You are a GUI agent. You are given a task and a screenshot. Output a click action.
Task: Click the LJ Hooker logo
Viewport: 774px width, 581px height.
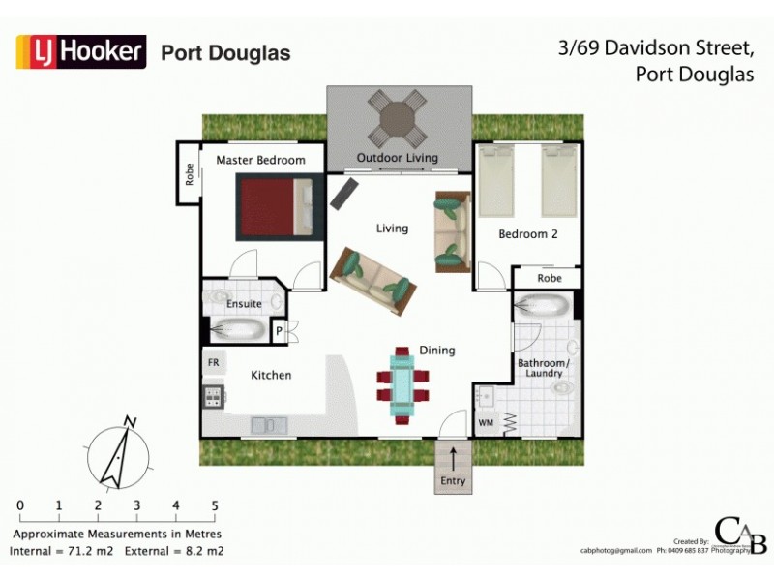(81, 51)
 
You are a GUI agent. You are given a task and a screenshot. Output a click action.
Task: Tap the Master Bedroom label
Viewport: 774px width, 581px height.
(260, 160)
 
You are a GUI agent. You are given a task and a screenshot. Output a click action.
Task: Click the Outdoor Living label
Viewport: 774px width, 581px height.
(397, 158)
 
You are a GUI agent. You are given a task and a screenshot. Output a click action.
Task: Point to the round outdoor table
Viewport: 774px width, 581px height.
(399, 118)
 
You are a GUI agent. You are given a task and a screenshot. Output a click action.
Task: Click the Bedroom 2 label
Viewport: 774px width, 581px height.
(527, 234)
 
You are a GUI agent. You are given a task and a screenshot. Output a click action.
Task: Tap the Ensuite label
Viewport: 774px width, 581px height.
(244, 304)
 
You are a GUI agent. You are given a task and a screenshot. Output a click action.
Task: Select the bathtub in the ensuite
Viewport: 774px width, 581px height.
(235, 329)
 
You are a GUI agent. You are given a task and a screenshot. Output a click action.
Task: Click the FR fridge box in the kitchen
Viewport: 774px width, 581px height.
(213, 362)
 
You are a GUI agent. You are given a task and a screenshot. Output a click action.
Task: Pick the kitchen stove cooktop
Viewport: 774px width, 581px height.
(213, 395)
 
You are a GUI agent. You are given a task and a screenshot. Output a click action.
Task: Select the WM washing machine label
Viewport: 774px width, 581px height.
(486, 423)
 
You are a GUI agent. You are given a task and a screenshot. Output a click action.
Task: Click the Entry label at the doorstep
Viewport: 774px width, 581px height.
(452, 481)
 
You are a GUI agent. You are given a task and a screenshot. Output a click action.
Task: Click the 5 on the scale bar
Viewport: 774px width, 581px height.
(214, 505)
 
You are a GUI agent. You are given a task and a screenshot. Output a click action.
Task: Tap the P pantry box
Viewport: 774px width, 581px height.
(279, 331)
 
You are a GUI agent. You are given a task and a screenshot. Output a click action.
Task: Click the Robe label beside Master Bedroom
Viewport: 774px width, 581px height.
(190, 174)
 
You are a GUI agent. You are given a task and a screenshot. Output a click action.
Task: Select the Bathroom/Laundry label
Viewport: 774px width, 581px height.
(543, 369)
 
